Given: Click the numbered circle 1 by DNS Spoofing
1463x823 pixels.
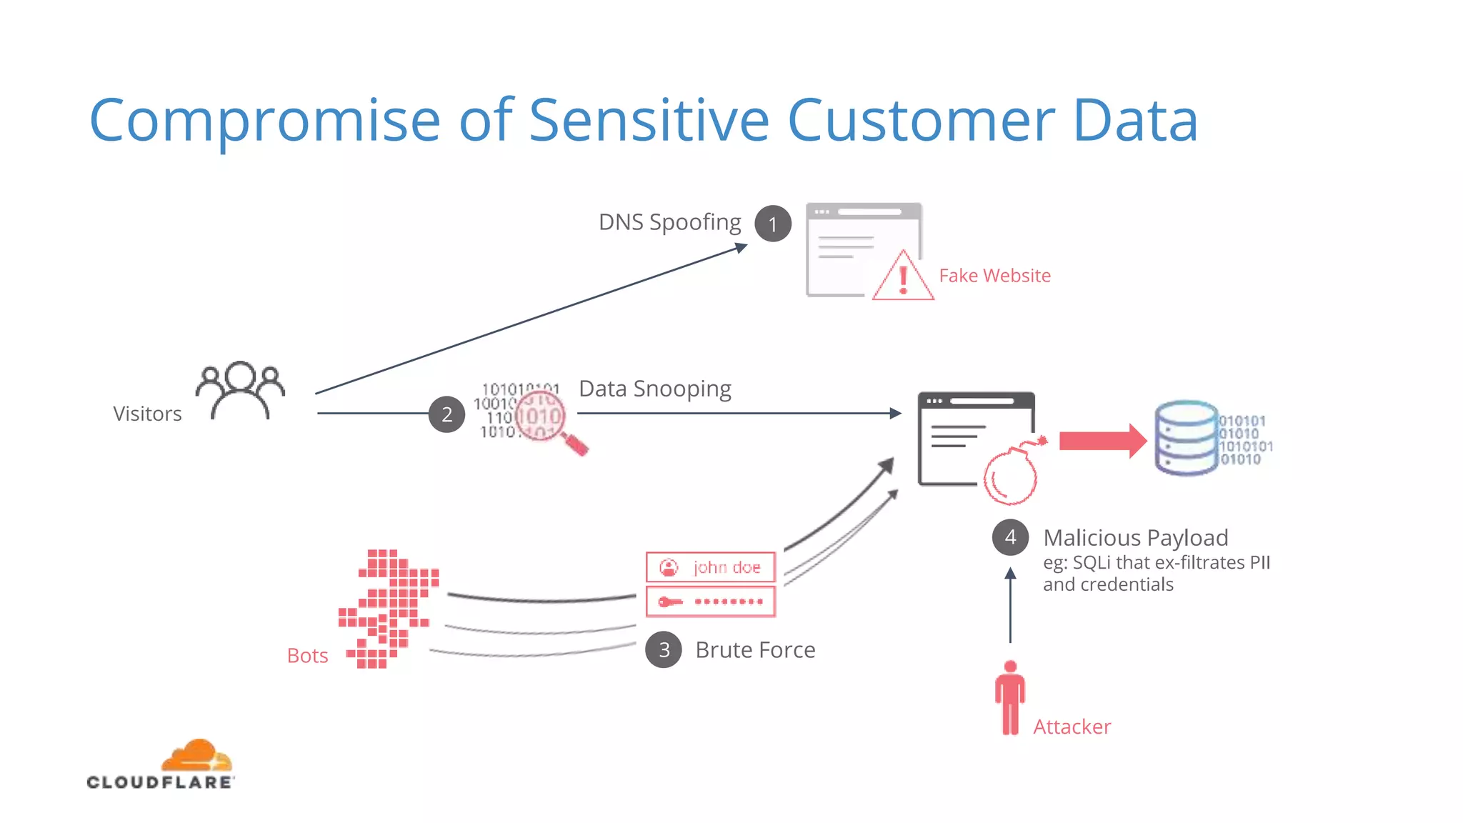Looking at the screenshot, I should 772,224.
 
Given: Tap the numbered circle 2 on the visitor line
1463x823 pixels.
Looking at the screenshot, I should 446,414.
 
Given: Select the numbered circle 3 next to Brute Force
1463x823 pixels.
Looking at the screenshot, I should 664,649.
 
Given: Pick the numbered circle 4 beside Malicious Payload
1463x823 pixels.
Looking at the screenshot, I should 1010,537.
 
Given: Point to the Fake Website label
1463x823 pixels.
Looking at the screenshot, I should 994,276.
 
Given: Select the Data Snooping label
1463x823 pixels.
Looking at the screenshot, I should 654,389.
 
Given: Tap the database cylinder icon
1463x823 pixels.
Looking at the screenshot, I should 1187,438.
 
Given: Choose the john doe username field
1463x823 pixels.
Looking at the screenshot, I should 710,567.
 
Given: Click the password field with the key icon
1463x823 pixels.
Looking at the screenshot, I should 710,602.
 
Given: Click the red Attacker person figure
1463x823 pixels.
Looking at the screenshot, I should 1009,698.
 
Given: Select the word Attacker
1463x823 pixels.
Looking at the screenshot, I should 1072,727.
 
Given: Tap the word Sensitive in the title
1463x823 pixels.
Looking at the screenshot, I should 649,120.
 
